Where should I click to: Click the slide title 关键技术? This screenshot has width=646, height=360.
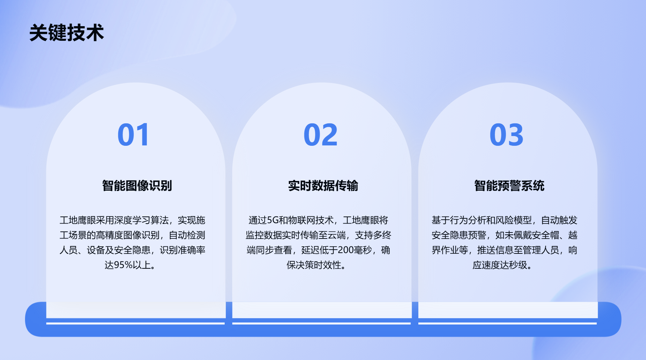[x=67, y=33]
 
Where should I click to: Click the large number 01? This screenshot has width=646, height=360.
[x=133, y=135]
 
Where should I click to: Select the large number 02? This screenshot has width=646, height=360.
[x=320, y=135]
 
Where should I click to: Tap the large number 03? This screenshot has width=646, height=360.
[x=507, y=135]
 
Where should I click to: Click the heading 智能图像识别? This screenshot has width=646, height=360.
[x=137, y=185]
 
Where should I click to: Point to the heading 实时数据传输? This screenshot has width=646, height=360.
[x=323, y=185]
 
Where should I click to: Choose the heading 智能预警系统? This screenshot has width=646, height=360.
[x=509, y=185]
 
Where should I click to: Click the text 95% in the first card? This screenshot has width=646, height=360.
[x=123, y=265]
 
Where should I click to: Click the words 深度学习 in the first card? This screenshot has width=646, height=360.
[x=132, y=220]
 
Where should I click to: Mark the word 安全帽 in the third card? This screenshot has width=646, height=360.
[x=545, y=235]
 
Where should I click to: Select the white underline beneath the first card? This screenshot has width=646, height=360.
[x=135, y=323]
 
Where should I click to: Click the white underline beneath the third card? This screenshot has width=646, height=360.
[x=507, y=323]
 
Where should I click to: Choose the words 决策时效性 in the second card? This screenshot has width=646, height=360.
[x=314, y=265]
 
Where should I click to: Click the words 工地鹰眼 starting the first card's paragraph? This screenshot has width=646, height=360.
[x=78, y=220]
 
